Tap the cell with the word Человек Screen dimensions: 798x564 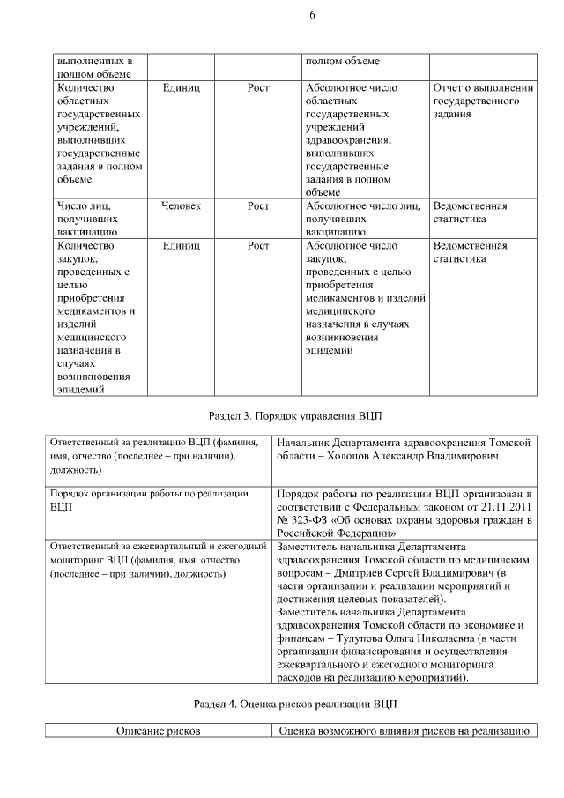pos(182,205)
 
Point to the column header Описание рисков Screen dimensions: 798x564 pos(160,732)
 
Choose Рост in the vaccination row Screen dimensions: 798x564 pos(258,205)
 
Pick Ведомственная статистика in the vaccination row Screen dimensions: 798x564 pos(471,212)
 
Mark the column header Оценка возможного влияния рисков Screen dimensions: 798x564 pos(404,732)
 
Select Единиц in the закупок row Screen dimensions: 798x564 pos(182,246)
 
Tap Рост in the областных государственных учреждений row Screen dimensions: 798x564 pos(258,88)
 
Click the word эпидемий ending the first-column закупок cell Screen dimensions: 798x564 pos(82,388)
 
